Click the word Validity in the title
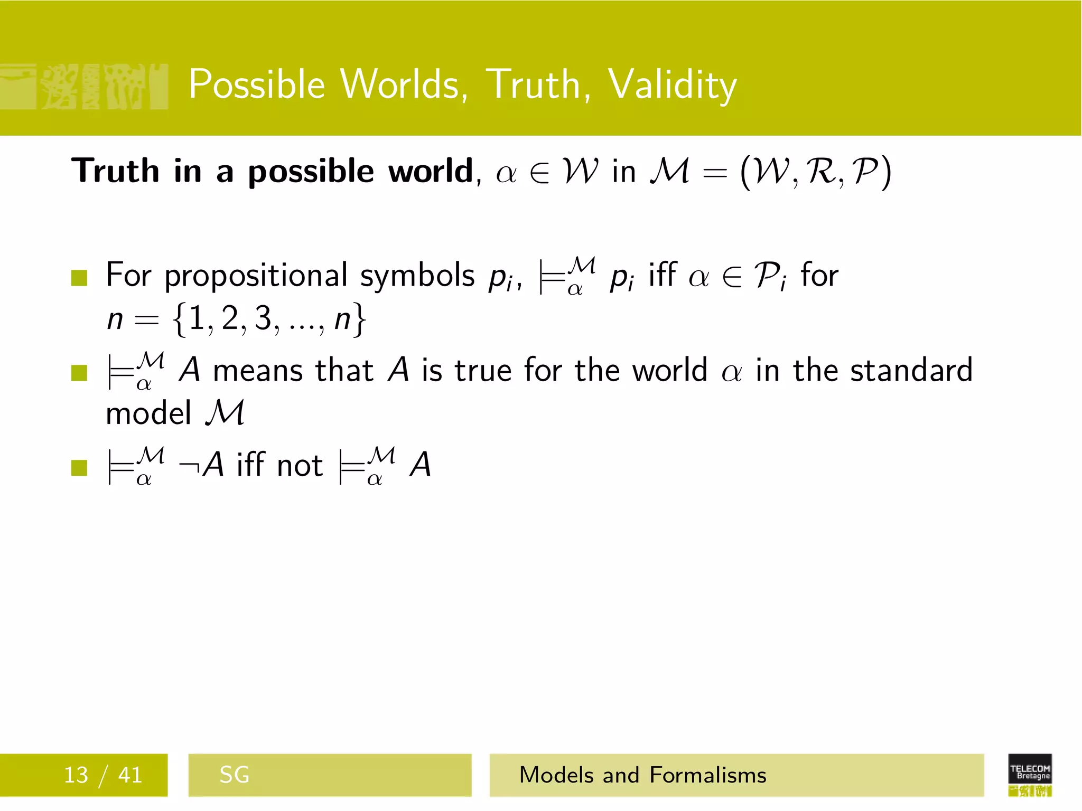point(672,85)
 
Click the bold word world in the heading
point(431,171)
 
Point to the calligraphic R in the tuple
point(820,172)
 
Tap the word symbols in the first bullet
point(417,276)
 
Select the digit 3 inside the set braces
point(263,318)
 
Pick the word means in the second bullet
point(258,370)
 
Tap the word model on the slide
point(148,413)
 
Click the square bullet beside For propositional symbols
point(79,277)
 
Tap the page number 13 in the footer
point(76,775)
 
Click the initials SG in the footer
point(234,775)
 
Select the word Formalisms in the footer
point(707,775)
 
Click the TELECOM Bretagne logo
point(1030,775)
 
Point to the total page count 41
point(130,775)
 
